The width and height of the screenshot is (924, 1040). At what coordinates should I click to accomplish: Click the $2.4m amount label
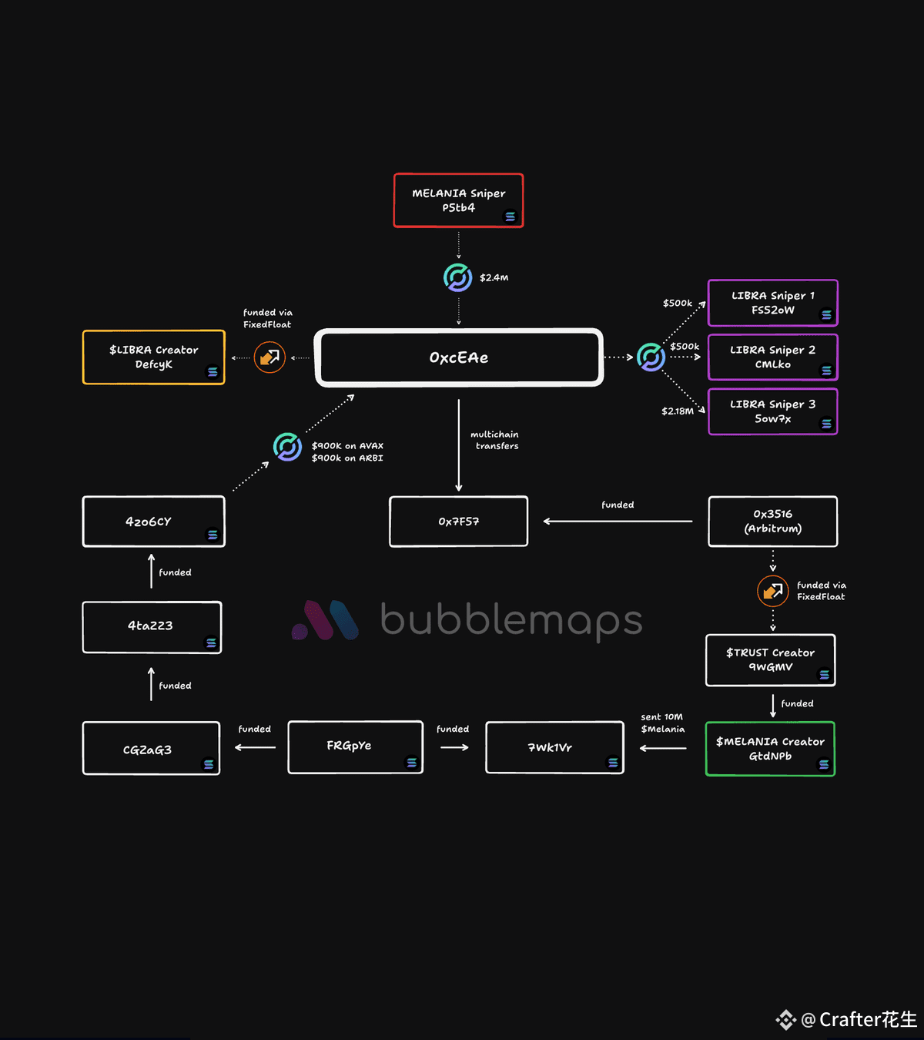(494, 277)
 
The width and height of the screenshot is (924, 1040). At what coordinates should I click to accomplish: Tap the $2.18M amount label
(678, 411)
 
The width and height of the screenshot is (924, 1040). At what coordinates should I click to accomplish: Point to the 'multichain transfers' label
(495, 441)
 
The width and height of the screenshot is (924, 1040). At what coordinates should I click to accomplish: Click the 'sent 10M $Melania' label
(662, 723)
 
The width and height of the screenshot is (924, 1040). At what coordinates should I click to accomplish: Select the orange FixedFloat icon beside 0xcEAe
(269, 357)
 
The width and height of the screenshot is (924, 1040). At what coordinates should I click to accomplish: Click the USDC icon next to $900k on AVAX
(287, 447)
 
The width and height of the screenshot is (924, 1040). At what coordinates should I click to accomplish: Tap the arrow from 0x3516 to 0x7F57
(618, 522)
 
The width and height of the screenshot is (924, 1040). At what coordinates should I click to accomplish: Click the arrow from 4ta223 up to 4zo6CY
(152, 571)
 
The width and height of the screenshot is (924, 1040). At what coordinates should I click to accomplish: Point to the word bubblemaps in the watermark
(511, 621)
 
